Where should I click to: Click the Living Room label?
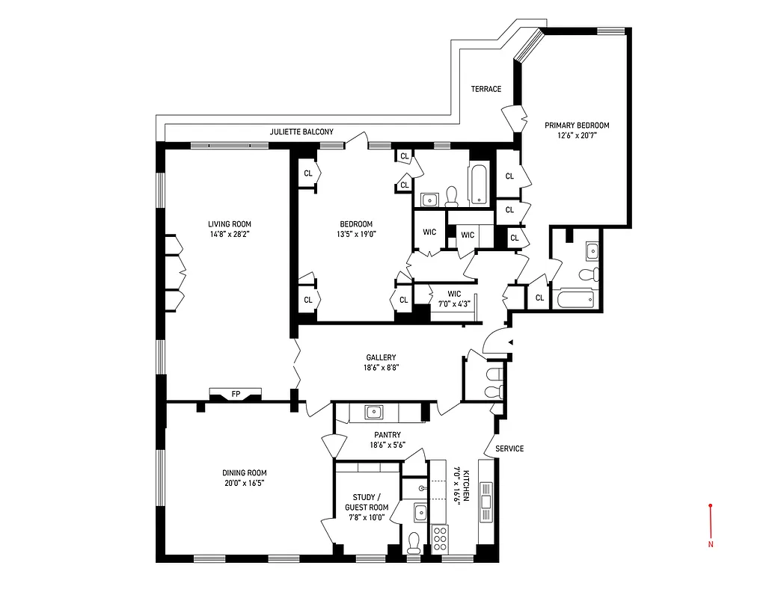pyautogui.click(x=230, y=224)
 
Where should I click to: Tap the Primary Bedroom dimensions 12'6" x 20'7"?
pyautogui.click(x=576, y=136)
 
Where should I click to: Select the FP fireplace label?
pyautogui.click(x=236, y=393)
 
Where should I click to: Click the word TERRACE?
pyautogui.click(x=485, y=89)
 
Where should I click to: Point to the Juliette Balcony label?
pyautogui.click(x=301, y=132)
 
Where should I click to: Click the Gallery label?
pyautogui.click(x=381, y=357)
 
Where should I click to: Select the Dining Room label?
pyautogui.click(x=244, y=472)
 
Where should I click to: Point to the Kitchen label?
pyautogui.click(x=465, y=486)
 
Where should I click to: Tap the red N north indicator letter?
pyautogui.click(x=710, y=544)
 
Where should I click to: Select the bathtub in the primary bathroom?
pyautogui.click(x=575, y=299)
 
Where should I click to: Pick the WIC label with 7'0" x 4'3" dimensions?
pyautogui.click(x=454, y=294)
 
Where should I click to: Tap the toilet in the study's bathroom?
pyautogui.click(x=414, y=540)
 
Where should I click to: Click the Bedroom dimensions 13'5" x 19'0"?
pyautogui.click(x=356, y=234)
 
